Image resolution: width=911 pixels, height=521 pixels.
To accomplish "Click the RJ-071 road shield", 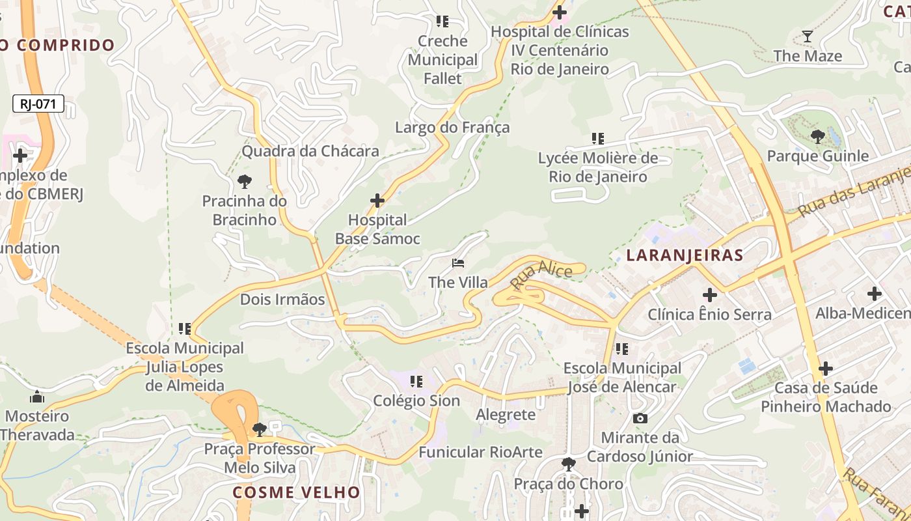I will tap(38, 104).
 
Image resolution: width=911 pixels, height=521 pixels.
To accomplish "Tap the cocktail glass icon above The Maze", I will tap(808, 36).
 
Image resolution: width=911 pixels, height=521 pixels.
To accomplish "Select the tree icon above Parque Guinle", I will tap(818, 137).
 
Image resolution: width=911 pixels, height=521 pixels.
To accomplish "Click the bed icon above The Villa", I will tap(458, 263).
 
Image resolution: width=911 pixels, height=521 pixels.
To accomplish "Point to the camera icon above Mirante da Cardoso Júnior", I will tap(640, 418).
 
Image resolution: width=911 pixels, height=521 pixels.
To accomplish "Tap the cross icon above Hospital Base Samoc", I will tap(377, 201).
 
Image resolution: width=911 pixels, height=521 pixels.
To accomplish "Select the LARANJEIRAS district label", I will tap(685, 255).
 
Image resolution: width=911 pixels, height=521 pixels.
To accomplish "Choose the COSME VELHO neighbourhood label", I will tap(296, 492).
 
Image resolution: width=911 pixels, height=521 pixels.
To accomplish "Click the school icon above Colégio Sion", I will tap(416, 381).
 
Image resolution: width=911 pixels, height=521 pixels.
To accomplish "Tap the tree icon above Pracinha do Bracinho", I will tap(245, 182).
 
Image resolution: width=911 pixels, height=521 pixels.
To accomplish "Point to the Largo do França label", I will tap(452, 128).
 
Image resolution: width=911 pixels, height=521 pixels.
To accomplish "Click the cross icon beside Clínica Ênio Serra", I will tap(710, 294).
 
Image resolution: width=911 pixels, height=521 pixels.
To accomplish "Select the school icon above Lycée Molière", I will tap(597, 138).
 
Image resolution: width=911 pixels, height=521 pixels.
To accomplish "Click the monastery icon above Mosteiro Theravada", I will tap(37, 397).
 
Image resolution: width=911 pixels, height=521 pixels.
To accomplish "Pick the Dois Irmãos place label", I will tap(282, 300).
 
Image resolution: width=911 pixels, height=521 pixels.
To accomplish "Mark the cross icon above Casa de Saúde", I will tap(826, 369).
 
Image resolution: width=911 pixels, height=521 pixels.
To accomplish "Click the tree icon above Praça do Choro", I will tap(568, 464).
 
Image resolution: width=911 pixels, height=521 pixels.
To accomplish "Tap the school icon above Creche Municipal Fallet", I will tap(442, 21).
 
